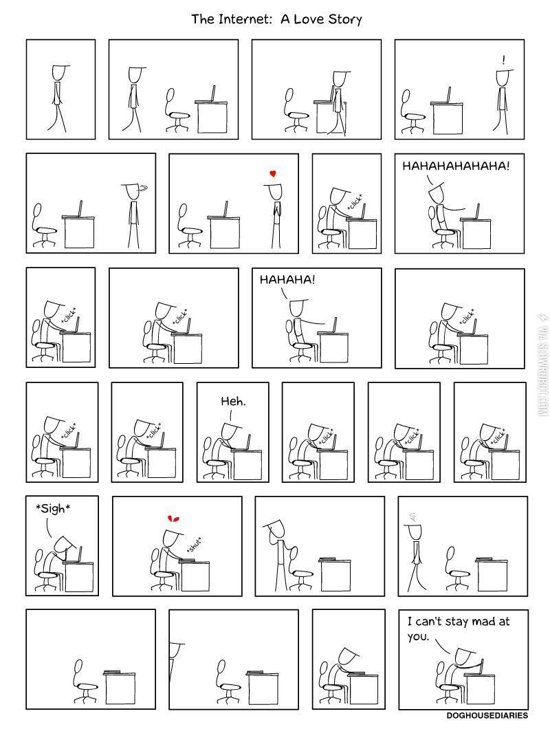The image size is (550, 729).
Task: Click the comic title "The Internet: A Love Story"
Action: pos(276,19)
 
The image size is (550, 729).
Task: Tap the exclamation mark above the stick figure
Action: pos(503,60)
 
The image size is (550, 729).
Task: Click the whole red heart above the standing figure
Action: pos(273,174)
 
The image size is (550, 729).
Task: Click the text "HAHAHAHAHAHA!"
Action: pos(456,166)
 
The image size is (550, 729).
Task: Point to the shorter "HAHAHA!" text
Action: pos(289,280)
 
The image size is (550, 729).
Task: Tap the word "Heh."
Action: pos(233,401)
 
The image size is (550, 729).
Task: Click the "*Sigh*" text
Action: pos(53,509)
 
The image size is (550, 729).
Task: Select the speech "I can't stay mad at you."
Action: pos(457,628)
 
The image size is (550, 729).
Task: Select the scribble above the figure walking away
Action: pos(413,516)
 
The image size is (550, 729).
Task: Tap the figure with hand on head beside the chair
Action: pos(276,550)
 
